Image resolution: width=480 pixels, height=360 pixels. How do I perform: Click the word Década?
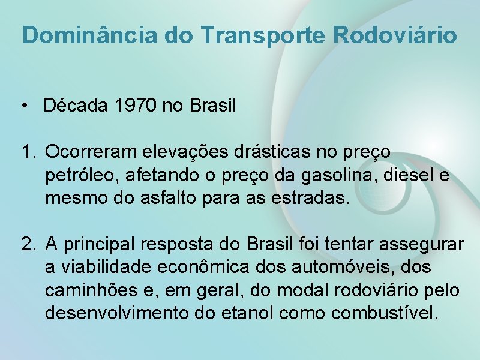[x=74, y=107]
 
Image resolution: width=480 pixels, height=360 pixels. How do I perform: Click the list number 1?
[x=28, y=152]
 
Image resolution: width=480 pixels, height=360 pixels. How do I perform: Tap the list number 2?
[x=28, y=244]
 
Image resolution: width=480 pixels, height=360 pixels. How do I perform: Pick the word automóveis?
[x=346, y=268]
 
